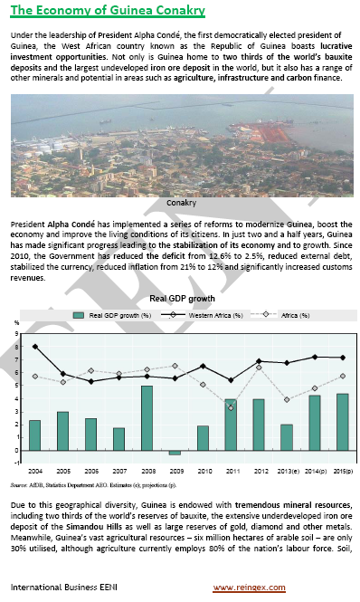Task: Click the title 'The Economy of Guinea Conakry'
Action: [108, 11]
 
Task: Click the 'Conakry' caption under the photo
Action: [181, 204]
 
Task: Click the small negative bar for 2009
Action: [175, 453]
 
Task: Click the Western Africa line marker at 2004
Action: [34, 347]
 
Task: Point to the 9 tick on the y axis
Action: [16, 334]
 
